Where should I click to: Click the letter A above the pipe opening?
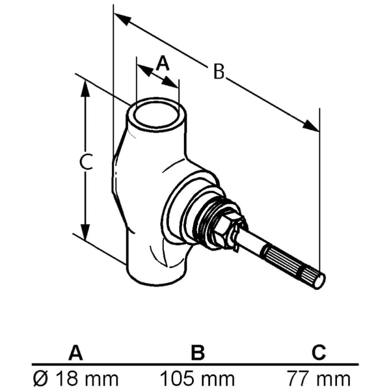pyautogui.click(x=162, y=63)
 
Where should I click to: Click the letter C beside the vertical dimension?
pyautogui.click(x=85, y=161)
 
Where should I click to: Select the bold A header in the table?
pyautogui.click(x=75, y=353)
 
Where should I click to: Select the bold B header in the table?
pyautogui.click(x=198, y=353)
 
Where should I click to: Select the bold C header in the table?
pyautogui.click(x=318, y=353)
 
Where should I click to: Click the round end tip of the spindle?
pyautogui.click(x=319, y=281)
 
